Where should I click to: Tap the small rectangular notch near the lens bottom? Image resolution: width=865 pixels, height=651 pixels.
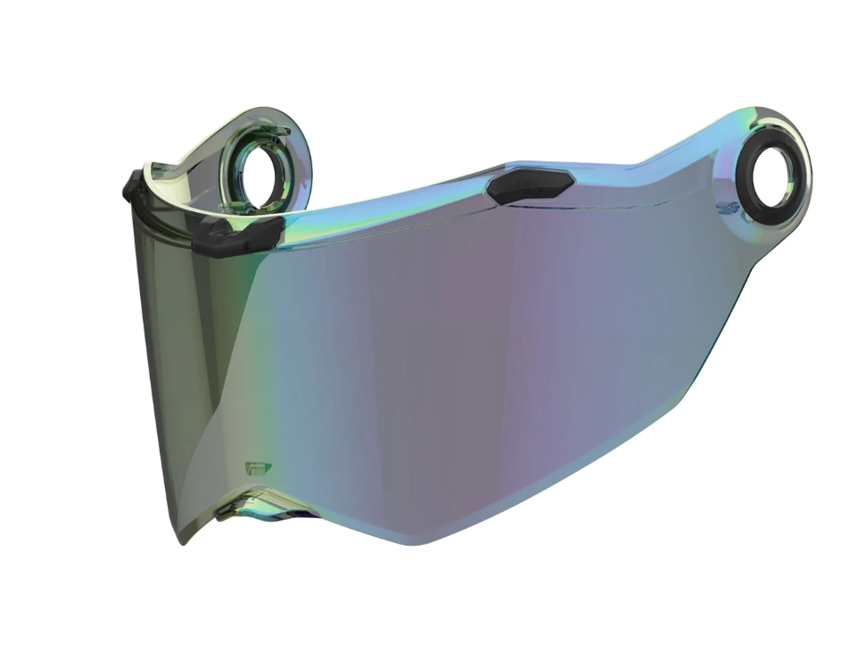click(x=255, y=468)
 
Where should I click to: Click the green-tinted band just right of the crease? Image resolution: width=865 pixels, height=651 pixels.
click(x=268, y=357)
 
